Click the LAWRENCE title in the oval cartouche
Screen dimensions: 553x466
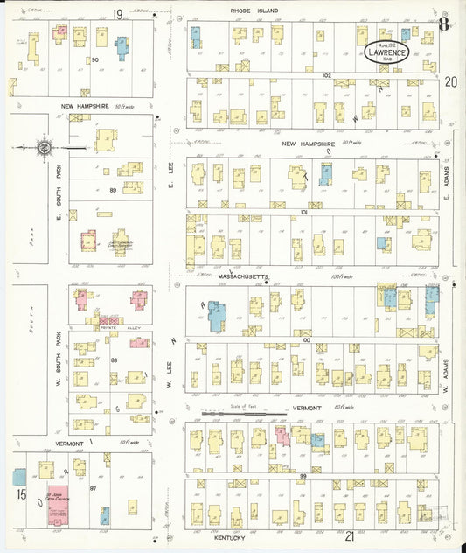click(x=386, y=52)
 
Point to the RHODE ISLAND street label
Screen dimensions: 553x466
click(x=254, y=10)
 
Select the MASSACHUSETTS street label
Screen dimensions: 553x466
click(x=243, y=276)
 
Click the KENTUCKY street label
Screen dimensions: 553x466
click(x=210, y=537)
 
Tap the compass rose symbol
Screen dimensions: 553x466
click(x=43, y=148)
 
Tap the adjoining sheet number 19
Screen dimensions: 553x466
click(x=116, y=13)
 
